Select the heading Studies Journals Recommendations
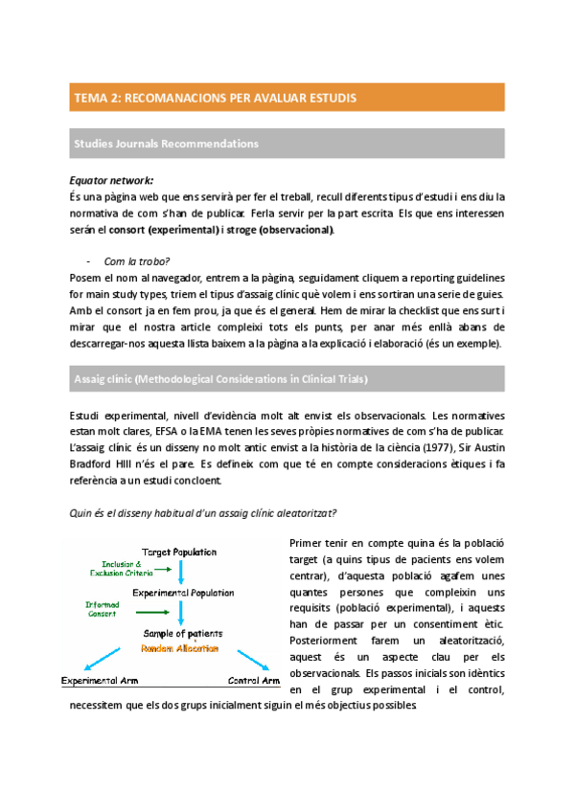point(166,144)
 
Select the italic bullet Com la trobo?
point(134,260)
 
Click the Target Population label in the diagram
point(179,553)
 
